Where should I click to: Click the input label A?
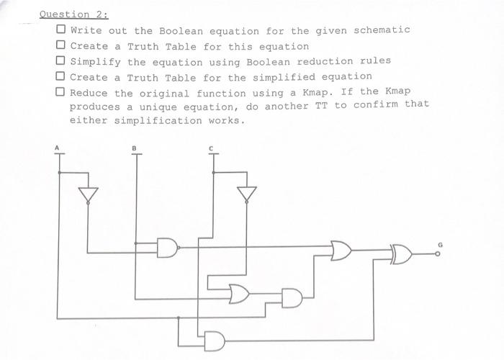point(58,149)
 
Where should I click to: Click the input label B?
point(134,149)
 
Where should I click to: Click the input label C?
point(212,149)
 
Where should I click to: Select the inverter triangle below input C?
point(247,194)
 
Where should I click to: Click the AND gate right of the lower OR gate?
point(292,297)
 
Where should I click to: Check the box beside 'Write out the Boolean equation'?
point(61,30)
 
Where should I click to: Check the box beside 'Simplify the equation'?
point(61,61)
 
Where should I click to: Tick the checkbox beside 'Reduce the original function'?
point(61,92)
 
